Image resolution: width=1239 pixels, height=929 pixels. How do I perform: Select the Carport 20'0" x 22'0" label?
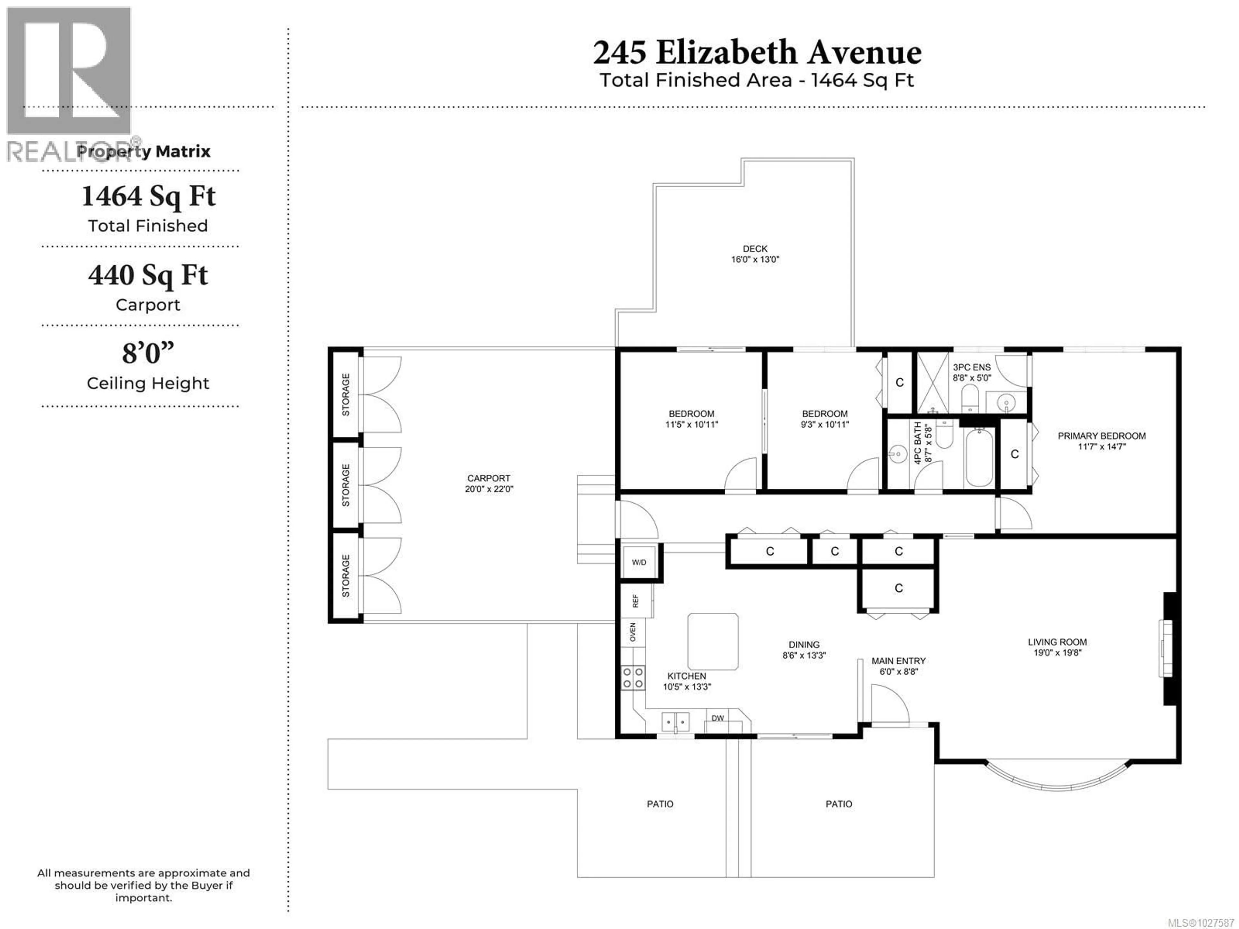tap(489, 483)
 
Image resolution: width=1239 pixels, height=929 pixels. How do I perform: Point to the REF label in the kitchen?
tap(635, 601)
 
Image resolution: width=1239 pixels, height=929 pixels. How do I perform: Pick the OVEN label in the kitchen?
tap(633, 632)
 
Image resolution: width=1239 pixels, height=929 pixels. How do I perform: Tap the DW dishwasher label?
tap(718, 718)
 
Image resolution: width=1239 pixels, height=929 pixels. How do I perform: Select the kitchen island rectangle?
tap(712, 641)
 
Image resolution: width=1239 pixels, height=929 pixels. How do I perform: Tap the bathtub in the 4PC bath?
tap(979, 457)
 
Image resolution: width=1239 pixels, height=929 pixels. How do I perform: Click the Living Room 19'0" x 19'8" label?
tap(1057, 647)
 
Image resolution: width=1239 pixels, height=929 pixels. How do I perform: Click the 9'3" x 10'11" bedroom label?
tap(824, 419)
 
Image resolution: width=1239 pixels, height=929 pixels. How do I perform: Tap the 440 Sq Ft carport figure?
tap(148, 275)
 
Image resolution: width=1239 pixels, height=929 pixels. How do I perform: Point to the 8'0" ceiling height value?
tap(148, 353)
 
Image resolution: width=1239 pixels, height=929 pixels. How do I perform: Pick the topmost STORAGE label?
tap(346, 394)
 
